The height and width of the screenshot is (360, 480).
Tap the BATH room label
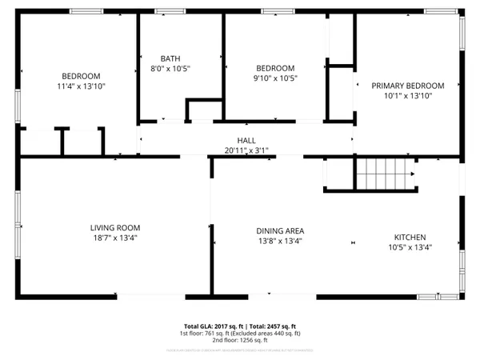[x=170, y=58]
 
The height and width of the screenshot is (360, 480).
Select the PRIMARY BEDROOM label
[x=407, y=86]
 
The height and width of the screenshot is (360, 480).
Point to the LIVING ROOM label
[x=115, y=227]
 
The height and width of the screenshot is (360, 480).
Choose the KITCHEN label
[x=409, y=237]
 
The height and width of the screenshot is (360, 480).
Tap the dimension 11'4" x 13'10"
[x=82, y=86]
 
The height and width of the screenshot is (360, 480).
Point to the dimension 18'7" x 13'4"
[x=115, y=238]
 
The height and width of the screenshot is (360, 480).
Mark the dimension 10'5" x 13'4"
[x=409, y=247]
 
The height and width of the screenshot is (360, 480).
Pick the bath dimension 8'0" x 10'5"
[x=170, y=69]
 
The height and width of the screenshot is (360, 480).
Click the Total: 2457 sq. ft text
[x=273, y=326]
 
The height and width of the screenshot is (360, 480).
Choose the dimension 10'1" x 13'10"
[x=407, y=96]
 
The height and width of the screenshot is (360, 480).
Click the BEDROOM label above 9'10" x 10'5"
[x=275, y=68]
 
